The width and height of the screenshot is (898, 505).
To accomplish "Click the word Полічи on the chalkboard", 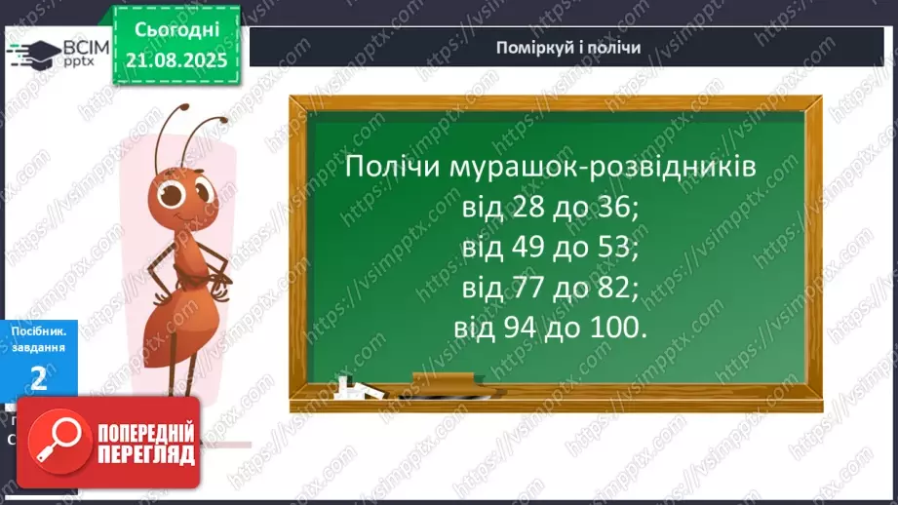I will [x=390, y=168].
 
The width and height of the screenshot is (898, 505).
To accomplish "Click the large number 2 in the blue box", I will [x=38, y=377].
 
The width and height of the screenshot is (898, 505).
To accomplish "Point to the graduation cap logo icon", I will [x=31, y=52].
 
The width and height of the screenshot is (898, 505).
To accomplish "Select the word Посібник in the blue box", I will [x=38, y=331].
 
